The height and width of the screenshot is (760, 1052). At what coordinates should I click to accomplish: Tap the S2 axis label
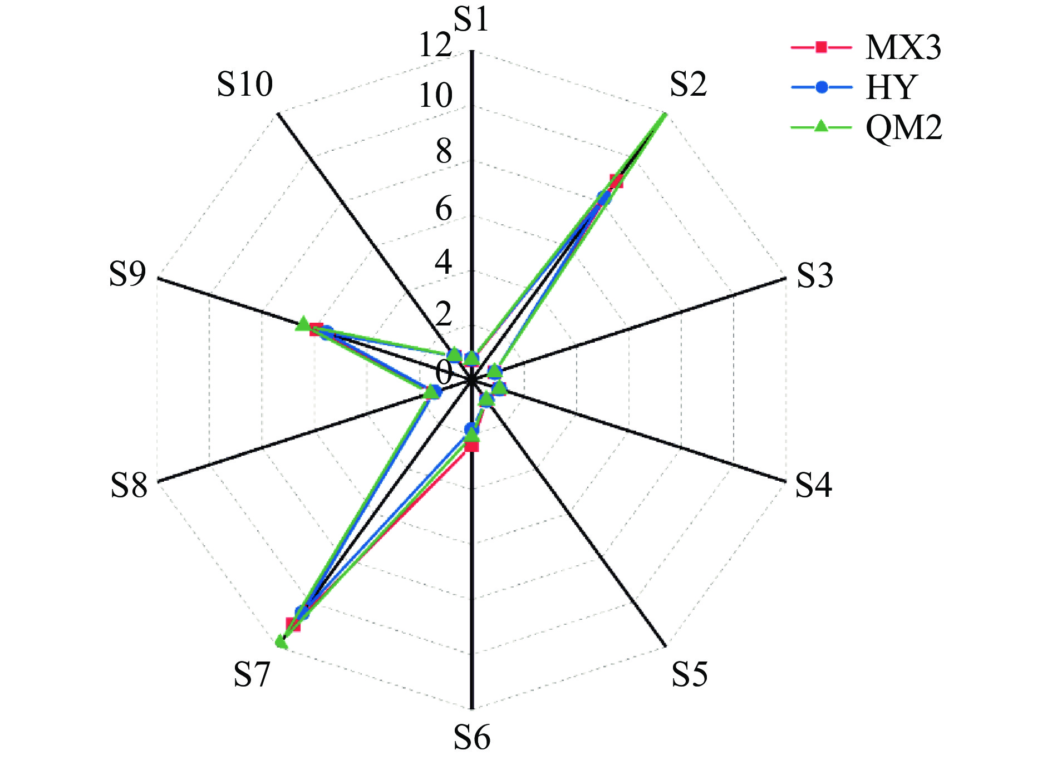pyautogui.click(x=688, y=85)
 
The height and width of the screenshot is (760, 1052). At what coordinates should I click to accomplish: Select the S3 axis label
pyautogui.click(x=815, y=275)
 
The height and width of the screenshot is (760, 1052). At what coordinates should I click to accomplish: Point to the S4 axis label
pyautogui.click(x=813, y=485)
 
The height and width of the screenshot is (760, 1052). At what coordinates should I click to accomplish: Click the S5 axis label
pyautogui.click(x=689, y=674)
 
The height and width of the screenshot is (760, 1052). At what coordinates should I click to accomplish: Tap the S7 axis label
pyautogui.click(x=252, y=674)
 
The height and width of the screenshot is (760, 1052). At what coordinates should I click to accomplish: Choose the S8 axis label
pyautogui.click(x=129, y=485)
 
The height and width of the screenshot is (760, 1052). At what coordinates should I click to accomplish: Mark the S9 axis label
pyautogui.click(x=127, y=274)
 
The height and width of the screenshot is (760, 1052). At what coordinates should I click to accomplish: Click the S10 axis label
pyautogui.click(x=245, y=85)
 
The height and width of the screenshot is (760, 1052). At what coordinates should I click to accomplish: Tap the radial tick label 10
pyautogui.click(x=435, y=96)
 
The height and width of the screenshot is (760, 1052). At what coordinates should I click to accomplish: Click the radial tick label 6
pyautogui.click(x=444, y=210)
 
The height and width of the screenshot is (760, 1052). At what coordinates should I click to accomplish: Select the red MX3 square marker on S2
pyautogui.click(x=616, y=181)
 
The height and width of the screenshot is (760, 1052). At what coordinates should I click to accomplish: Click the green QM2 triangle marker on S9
pyautogui.click(x=303, y=324)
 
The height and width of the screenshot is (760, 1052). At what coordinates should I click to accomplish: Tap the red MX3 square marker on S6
pyautogui.click(x=472, y=445)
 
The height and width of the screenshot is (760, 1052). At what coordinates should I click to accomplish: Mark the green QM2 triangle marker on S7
pyautogui.click(x=281, y=643)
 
